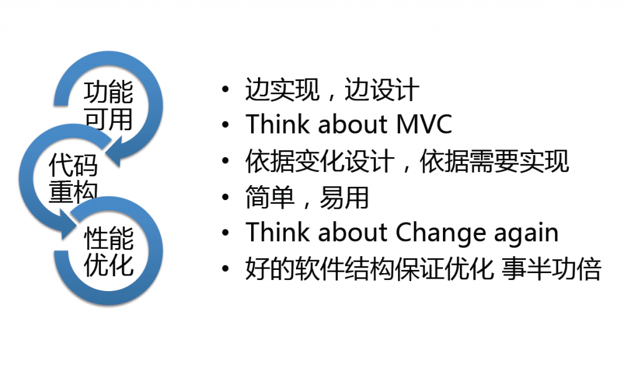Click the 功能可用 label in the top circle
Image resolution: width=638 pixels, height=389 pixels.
click(x=108, y=105)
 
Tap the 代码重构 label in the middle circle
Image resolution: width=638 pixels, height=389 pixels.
click(x=74, y=178)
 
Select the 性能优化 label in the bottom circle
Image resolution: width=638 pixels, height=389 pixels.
click(x=108, y=251)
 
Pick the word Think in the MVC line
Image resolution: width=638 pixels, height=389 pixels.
click(x=277, y=123)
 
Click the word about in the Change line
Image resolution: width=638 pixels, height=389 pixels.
click(x=352, y=233)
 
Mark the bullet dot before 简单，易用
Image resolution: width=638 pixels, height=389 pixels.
click(x=226, y=198)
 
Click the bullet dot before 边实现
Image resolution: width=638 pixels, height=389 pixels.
click(x=226, y=89)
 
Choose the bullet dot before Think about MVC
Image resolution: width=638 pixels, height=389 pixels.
click(x=226, y=125)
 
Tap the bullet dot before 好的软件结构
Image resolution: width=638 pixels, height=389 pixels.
click(x=226, y=269)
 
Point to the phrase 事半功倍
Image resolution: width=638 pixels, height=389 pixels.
click(x=551, y=269)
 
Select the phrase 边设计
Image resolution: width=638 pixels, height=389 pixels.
click(x=382, y=89)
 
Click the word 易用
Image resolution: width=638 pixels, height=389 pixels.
click(x=344, y=198)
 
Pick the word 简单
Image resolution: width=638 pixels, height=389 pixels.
click(x=270, y=198)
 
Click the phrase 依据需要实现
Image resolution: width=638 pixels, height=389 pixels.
click(x=494, y=161)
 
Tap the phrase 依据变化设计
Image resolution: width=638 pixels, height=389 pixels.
click(x=320, y=161)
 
